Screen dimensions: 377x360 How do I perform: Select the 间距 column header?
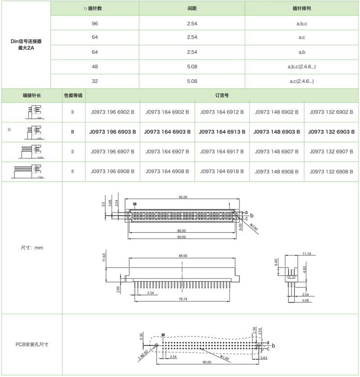(192, 9)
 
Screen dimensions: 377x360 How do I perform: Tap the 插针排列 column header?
(302, 9)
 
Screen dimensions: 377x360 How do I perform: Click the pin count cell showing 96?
(94, 23)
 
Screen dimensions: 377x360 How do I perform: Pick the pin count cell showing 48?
(94, 67)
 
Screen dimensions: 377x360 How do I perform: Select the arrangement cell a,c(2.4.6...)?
(302, 81)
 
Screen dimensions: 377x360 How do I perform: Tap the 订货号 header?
(222, 95)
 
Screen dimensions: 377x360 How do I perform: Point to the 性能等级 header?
(73, 95)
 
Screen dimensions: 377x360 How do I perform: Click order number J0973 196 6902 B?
(112, 112)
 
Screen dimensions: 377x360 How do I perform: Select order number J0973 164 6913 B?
(222, 132)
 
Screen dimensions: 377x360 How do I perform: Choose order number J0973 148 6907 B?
(277, 152)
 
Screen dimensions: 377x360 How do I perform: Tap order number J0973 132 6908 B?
(332, 172)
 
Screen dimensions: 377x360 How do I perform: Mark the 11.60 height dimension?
(104, 257)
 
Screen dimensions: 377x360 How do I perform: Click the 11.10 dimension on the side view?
(307, 254)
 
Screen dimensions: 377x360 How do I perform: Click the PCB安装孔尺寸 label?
(31, 345)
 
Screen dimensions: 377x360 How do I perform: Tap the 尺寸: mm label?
(31, 248)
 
